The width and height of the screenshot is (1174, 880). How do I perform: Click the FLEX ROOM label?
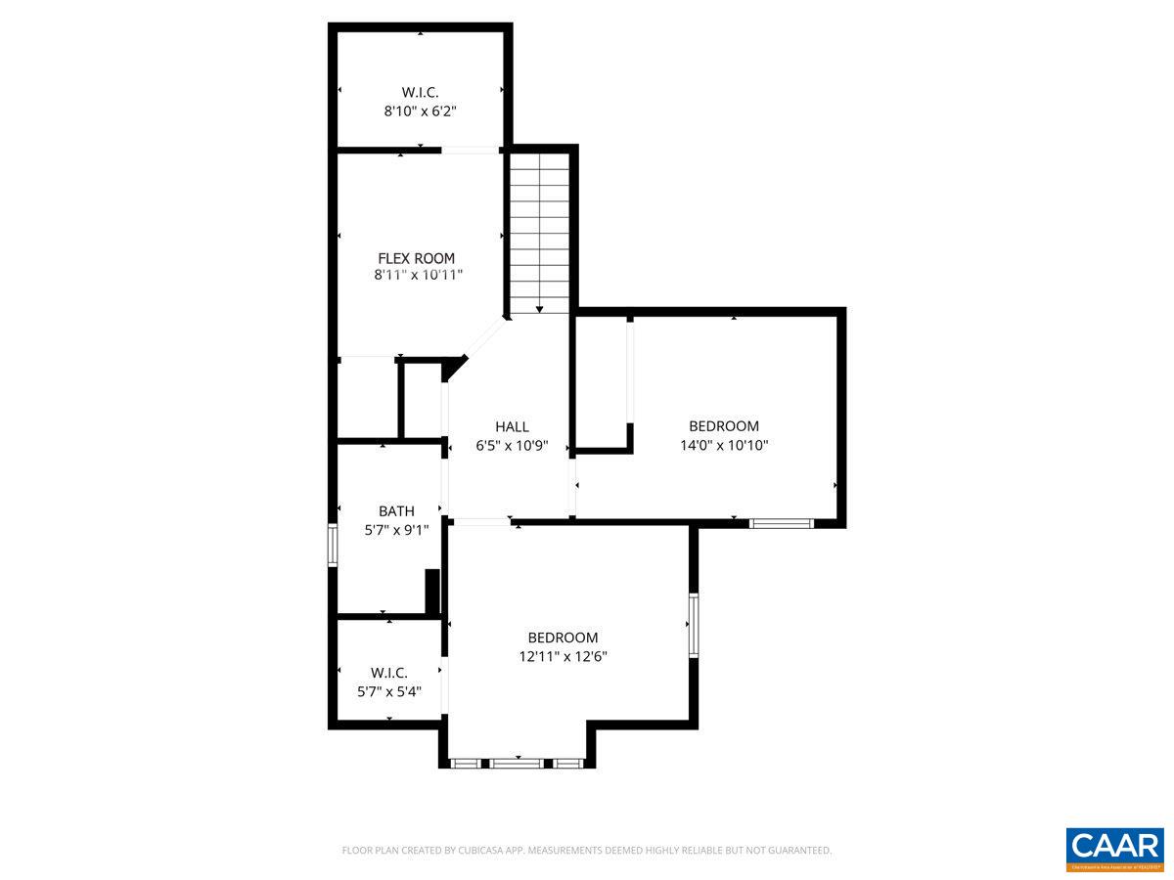pos(417,258)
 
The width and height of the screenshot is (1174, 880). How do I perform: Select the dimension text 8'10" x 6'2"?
pos(420,111)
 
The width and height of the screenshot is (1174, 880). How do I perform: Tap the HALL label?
pos(512,426)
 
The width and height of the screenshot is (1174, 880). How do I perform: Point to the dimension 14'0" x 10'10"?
pos(724,445)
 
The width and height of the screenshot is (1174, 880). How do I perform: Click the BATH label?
pos(396,510)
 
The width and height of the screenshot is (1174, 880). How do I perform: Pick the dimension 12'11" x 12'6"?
pos(564,657)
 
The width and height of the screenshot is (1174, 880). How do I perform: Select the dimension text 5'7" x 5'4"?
pos(389,691)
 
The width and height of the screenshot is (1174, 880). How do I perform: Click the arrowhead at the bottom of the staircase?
pos(539,309)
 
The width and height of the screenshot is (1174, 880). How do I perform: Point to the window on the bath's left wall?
pos(333,545)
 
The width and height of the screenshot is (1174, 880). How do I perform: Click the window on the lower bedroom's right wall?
pos(693,624)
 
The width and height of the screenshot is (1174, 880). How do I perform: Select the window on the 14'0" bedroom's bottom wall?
pos(781,523)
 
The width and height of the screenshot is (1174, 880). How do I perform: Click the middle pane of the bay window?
pos(517,763)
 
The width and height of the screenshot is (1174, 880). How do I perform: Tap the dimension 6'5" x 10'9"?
pos(512,446)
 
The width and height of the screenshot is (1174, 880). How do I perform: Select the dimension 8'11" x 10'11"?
pos(418,276)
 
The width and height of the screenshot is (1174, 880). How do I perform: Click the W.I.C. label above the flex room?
pos(420,93)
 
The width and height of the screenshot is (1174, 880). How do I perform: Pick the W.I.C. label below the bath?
pos(389,673)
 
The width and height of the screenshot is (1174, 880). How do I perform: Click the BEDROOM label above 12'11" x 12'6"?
pos(563,638)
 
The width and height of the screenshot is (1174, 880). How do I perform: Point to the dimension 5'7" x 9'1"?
pos(396,530)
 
